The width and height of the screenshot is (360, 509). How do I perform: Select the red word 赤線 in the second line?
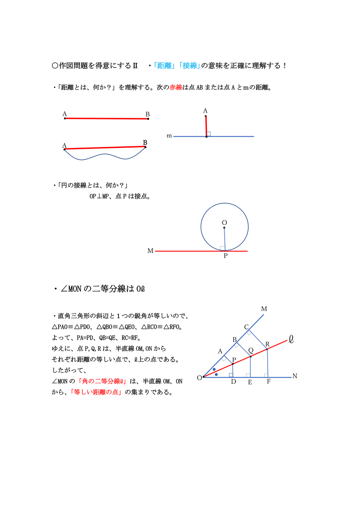175,87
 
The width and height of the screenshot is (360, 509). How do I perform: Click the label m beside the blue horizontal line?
169,136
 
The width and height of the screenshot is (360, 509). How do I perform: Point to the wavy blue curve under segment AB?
104,156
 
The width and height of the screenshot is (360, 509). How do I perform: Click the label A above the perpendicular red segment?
205,111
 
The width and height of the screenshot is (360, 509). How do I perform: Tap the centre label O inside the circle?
224,223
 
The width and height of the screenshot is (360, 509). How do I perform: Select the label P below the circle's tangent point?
226,256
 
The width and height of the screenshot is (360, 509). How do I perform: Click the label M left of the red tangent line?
150,251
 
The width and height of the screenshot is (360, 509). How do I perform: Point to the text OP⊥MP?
101,196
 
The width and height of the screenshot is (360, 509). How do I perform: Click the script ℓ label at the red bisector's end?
291,339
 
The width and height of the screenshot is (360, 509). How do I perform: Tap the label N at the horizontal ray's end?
295,376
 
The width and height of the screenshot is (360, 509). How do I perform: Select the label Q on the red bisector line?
251,350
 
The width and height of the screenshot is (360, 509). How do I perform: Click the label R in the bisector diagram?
267,344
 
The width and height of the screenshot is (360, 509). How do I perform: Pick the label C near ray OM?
246,327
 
